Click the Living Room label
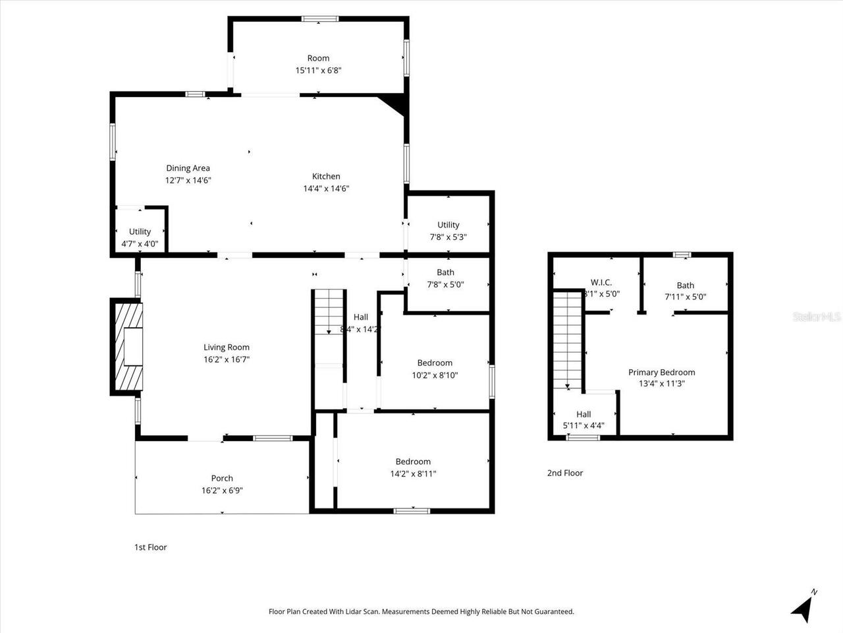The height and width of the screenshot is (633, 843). (226, 347)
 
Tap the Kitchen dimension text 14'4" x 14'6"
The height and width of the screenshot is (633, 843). (326, 189)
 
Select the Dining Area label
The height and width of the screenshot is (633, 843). (188, 168)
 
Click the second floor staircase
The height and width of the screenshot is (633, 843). (567, 340)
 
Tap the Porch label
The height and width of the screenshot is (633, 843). (222, 478)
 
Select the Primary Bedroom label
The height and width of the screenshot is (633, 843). (661, 373)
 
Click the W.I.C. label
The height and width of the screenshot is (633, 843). (601, 282)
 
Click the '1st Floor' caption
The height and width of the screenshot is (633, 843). (151, 547)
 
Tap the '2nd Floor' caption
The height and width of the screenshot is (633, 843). (564, 473)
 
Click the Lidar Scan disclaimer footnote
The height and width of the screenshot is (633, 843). (421, 612)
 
